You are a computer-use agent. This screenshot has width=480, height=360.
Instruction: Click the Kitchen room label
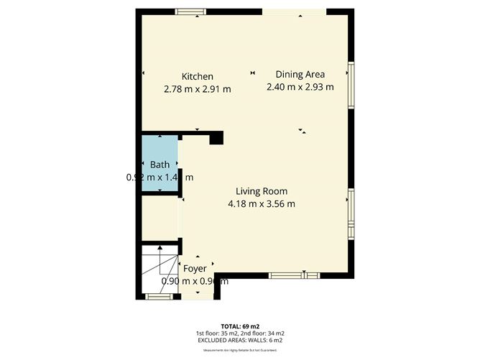click(197, 76)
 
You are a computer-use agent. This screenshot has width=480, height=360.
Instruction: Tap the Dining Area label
click(300, 74)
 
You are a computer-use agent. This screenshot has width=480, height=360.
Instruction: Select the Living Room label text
click(262, 191)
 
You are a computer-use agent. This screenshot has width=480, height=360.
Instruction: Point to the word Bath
click(160, 165)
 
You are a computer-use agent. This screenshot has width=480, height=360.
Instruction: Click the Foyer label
click(195, 269)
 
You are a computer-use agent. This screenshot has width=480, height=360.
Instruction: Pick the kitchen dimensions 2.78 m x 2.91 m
click(197, 89)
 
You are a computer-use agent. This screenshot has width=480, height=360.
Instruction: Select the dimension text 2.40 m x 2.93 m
click(300, 87)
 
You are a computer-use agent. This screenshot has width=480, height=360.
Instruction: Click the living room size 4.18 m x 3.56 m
click(262, 203)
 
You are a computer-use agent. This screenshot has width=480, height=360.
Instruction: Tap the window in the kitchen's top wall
click(190, 11)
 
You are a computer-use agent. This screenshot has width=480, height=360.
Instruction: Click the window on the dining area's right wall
click(351, 85)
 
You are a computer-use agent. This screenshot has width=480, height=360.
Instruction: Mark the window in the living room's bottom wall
click(294, 274)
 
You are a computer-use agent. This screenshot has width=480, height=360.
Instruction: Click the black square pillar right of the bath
click(217, 138)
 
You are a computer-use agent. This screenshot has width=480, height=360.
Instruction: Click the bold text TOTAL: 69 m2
click(240, 326)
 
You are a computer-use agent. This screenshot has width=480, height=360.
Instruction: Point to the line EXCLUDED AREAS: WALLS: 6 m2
click(240, 340)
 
